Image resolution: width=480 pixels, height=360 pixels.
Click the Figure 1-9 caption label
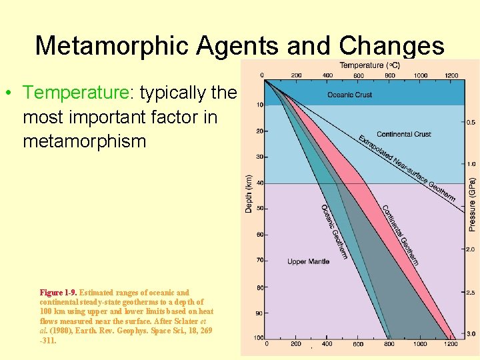point(58,293)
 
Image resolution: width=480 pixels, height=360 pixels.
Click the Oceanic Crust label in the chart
point(350,95)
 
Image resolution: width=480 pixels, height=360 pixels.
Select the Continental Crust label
point(404,134)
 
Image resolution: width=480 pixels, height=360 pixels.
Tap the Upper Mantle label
point(309,261)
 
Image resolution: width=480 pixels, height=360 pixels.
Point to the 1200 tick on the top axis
point(451,75)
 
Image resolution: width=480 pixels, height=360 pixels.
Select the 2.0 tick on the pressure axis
point(470,249)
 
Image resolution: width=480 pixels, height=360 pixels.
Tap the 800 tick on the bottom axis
point(389,345)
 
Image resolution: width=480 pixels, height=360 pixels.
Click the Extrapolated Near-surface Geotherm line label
point(407,168)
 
